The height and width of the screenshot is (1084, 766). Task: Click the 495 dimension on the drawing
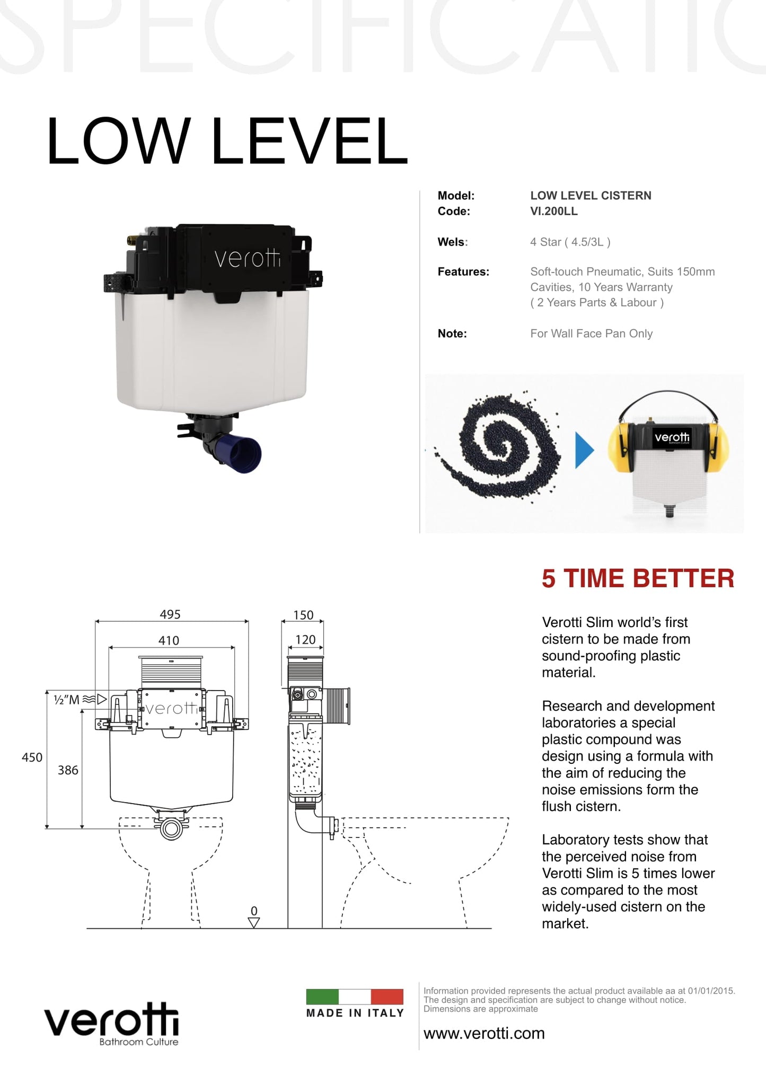click(x=170, y=614)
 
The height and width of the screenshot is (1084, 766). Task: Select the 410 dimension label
click(x=169, y=640)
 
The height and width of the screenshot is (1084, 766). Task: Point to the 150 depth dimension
click(x=303, y=615)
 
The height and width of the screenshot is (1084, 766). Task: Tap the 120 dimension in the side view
click(x=305, y=640)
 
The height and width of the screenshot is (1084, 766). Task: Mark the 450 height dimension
click(x=32, y=757)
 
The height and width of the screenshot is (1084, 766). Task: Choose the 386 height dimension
click(x=68, y=770)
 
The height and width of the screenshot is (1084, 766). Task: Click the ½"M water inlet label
click(x=67, y=700)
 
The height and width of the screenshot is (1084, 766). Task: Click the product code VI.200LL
click(x=554, y=211)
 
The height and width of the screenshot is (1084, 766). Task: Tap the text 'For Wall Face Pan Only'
click(x=591, y=334)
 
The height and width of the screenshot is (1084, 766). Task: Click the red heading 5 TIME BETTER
click(x=638, y=578)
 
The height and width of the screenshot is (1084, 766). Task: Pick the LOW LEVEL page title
click(x=227, y=142)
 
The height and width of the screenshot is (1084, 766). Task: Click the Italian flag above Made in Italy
click(x=355, y=997)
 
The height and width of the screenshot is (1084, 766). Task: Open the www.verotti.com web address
click(x=484, y=1034)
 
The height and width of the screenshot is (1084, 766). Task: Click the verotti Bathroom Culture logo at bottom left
click(x=112, y=1024)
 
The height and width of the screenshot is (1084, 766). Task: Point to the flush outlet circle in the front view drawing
click(x=171, y=829)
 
